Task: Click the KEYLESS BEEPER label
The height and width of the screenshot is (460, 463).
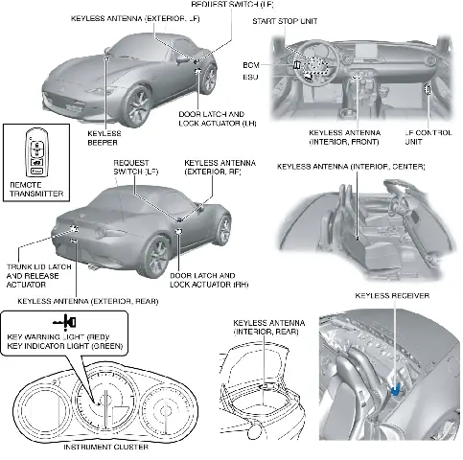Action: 102,138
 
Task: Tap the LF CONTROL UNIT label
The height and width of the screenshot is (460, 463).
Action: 426,138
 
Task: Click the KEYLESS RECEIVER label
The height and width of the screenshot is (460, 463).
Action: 391,296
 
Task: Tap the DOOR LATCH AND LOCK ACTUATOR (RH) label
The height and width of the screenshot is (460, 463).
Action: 201,280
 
